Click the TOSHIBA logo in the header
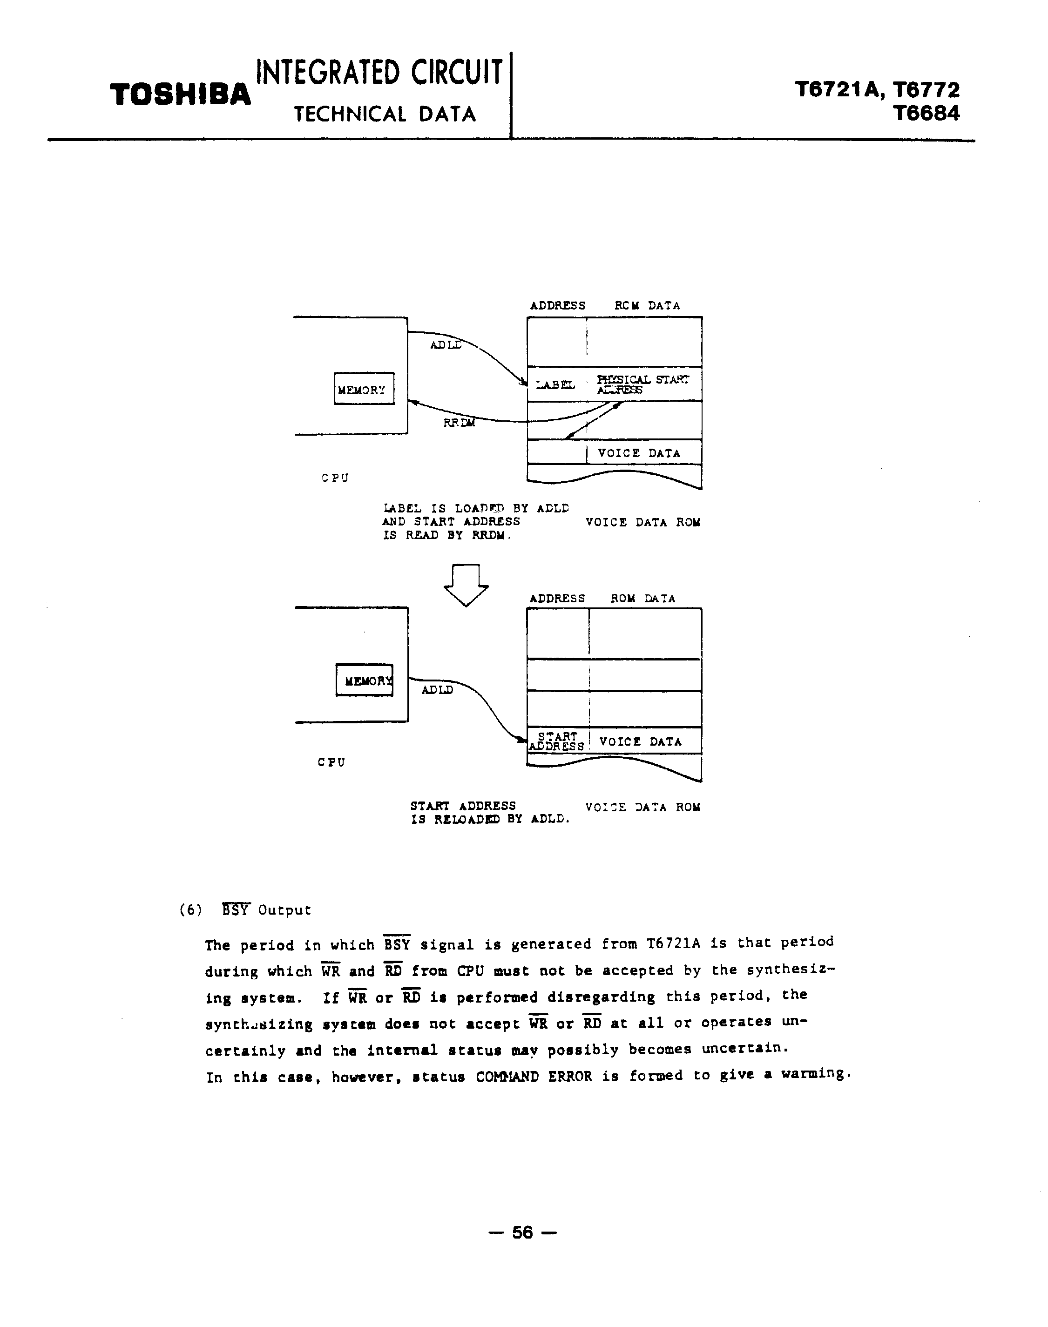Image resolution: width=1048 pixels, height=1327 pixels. [x=180, y=95]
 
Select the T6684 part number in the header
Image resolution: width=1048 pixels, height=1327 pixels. [x=926, y=113]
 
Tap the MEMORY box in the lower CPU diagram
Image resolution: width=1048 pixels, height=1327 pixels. [x=365, y=680]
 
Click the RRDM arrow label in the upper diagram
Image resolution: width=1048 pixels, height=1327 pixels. [x=459, y=423]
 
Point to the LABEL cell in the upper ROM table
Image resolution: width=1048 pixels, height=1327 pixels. [x=556, y=384]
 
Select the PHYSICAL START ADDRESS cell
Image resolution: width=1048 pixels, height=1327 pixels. [x=642, y=384]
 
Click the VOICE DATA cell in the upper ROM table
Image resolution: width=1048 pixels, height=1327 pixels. [x=639, y=453]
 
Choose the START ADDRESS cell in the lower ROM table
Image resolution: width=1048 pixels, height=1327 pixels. [x=557, y=741]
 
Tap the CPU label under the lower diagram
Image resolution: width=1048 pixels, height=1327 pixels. [x=331, y=762]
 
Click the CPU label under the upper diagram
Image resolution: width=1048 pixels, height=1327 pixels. [x=335, y=477]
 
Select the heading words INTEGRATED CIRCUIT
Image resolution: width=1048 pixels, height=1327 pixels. [x=379, y=73]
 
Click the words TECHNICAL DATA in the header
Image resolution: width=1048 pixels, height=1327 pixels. [x=385, y=114]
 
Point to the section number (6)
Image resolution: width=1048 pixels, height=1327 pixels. [x=190, y=910]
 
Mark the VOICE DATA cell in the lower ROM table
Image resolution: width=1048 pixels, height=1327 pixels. [x=640, y=742]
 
